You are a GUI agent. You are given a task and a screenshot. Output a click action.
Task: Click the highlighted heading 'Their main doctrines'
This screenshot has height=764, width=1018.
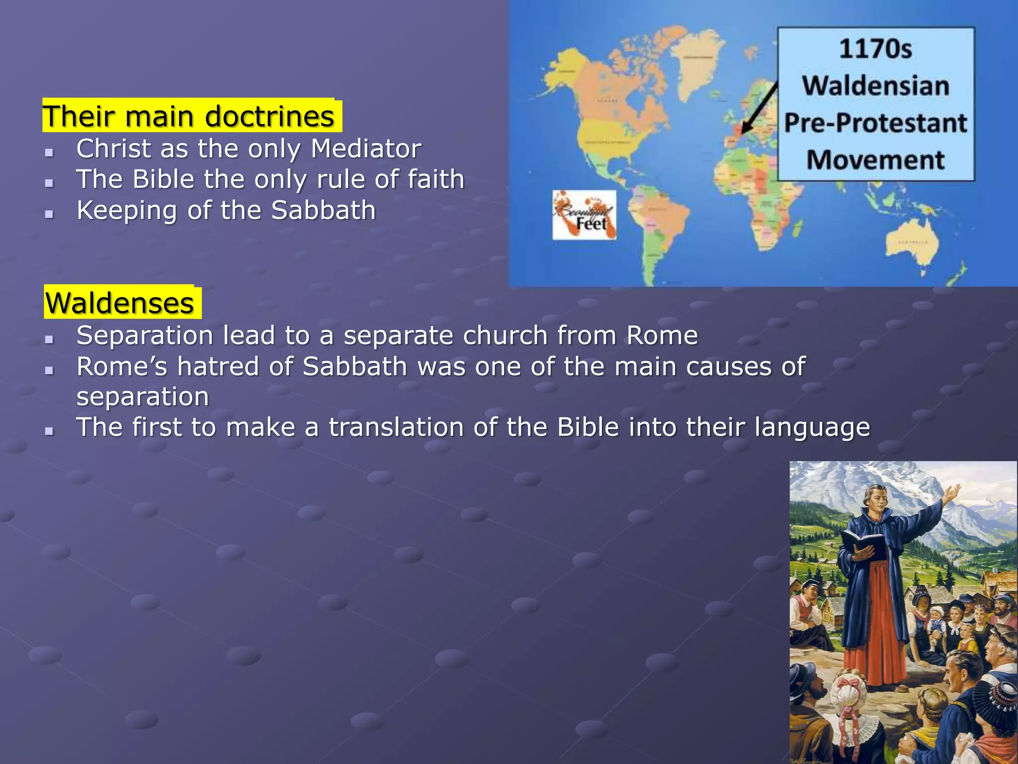(189, 116)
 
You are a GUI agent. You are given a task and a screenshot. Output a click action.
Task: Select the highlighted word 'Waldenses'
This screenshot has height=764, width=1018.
(120, 303)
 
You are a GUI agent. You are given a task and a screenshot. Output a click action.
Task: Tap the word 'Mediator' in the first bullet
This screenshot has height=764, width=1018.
(366, 148)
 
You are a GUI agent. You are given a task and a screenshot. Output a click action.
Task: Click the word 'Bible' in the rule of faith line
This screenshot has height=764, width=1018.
(163, 179)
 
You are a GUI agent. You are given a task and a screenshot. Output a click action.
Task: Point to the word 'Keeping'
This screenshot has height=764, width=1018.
(126, 210)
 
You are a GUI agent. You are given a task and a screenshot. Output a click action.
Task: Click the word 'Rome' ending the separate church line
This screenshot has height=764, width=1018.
(662, 335)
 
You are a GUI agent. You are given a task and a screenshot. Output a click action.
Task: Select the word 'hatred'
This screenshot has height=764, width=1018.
(218, 367)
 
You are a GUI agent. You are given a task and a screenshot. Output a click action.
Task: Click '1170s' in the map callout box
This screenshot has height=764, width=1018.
(875, 49)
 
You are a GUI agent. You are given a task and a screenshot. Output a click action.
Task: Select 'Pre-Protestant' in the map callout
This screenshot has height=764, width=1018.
(875, 123)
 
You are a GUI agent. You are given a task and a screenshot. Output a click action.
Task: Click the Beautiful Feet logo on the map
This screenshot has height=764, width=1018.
(585, 215)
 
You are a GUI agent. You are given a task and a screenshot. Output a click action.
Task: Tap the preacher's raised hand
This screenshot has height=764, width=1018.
(951, 494)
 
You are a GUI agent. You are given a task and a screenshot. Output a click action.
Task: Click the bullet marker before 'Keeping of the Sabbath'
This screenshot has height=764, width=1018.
(49, 214)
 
